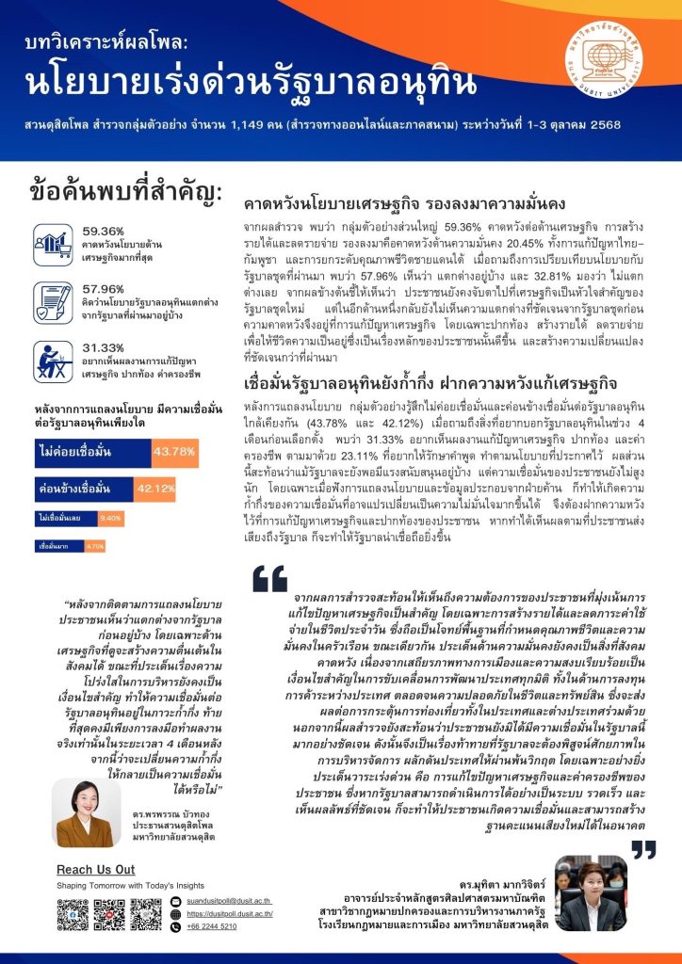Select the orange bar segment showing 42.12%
point(157,490)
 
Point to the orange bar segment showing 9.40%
point(110,518)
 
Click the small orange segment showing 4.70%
point(95,545)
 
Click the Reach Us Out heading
point(95,869)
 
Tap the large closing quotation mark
point(642,848)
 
